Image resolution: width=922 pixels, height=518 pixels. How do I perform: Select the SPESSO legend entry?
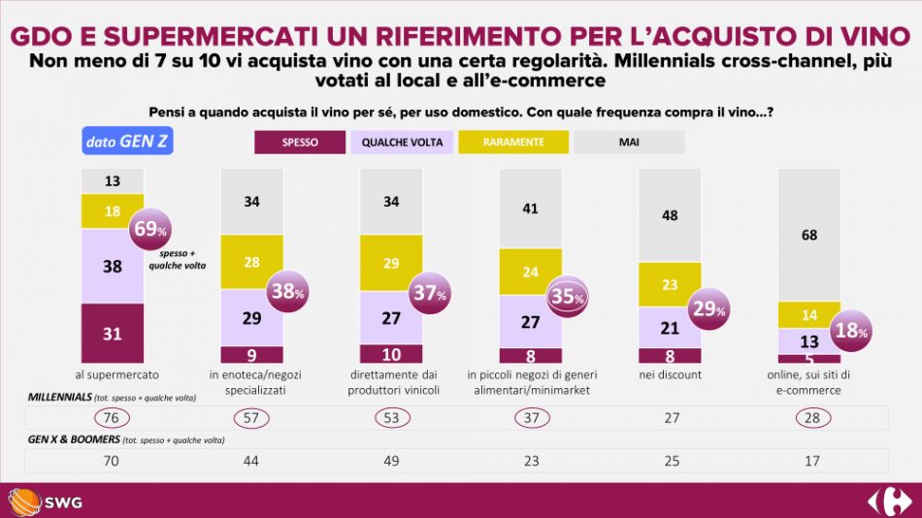click(x=299, y=143)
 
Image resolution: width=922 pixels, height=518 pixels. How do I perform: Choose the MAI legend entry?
click(x=629, y=143)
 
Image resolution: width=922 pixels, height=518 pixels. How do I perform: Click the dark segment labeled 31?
click(x=112, y=333)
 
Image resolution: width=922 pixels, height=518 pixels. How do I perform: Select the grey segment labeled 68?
click(x=808, y=234)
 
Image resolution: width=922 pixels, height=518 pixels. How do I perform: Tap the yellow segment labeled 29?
click(x=390, y=264)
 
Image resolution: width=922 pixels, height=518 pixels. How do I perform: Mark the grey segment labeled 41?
click(x=529, y=208)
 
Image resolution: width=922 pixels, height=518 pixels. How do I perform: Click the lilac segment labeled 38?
click(x=112, y=266)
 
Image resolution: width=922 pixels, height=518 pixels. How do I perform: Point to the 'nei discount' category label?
click(x=669, y=374)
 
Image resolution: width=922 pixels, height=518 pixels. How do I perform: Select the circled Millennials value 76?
click(x=112, y=418)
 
